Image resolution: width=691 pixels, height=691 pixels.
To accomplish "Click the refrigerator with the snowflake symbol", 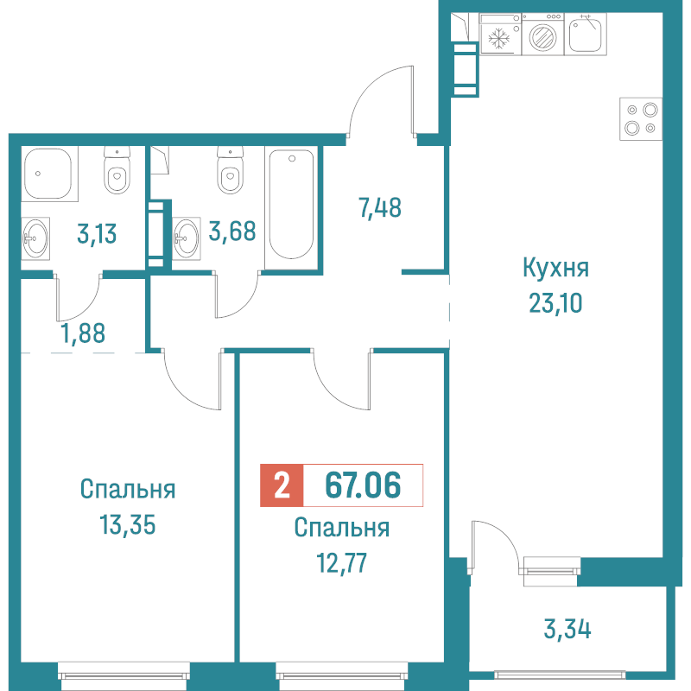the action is [x=500, y=35].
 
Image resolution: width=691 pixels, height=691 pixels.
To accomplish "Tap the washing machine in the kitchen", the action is [x=542, y=35].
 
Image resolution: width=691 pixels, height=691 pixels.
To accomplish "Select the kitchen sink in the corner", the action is [x=586, y=35].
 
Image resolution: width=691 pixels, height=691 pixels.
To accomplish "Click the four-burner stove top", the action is [x=641, y=119].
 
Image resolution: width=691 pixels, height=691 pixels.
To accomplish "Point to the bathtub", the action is [x=291, y=206].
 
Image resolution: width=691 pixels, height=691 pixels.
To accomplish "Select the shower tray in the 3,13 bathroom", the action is [x=48, y=174].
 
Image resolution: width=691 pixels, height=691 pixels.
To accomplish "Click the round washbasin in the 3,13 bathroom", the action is [x=35, y=238].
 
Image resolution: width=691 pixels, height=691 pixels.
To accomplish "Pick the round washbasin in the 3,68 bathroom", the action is [x=186, y=238].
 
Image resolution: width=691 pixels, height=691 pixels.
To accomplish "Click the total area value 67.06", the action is [x=363, y=485].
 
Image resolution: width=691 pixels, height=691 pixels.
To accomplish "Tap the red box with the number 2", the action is [x=282, y=485].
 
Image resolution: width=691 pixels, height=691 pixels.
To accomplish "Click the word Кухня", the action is [x=555, y=268].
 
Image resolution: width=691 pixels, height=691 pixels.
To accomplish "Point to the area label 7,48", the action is [x=380, y=208].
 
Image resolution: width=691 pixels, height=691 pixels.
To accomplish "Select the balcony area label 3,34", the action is [x=567, y=629].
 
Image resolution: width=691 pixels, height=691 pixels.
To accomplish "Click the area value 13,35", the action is [x=127, y=525].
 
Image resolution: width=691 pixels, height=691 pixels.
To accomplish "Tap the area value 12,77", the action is [x=341, y=563].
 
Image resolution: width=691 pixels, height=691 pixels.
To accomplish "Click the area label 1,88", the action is [x=83, y=333].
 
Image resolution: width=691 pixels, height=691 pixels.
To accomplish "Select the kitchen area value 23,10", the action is [x=555, y=303].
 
